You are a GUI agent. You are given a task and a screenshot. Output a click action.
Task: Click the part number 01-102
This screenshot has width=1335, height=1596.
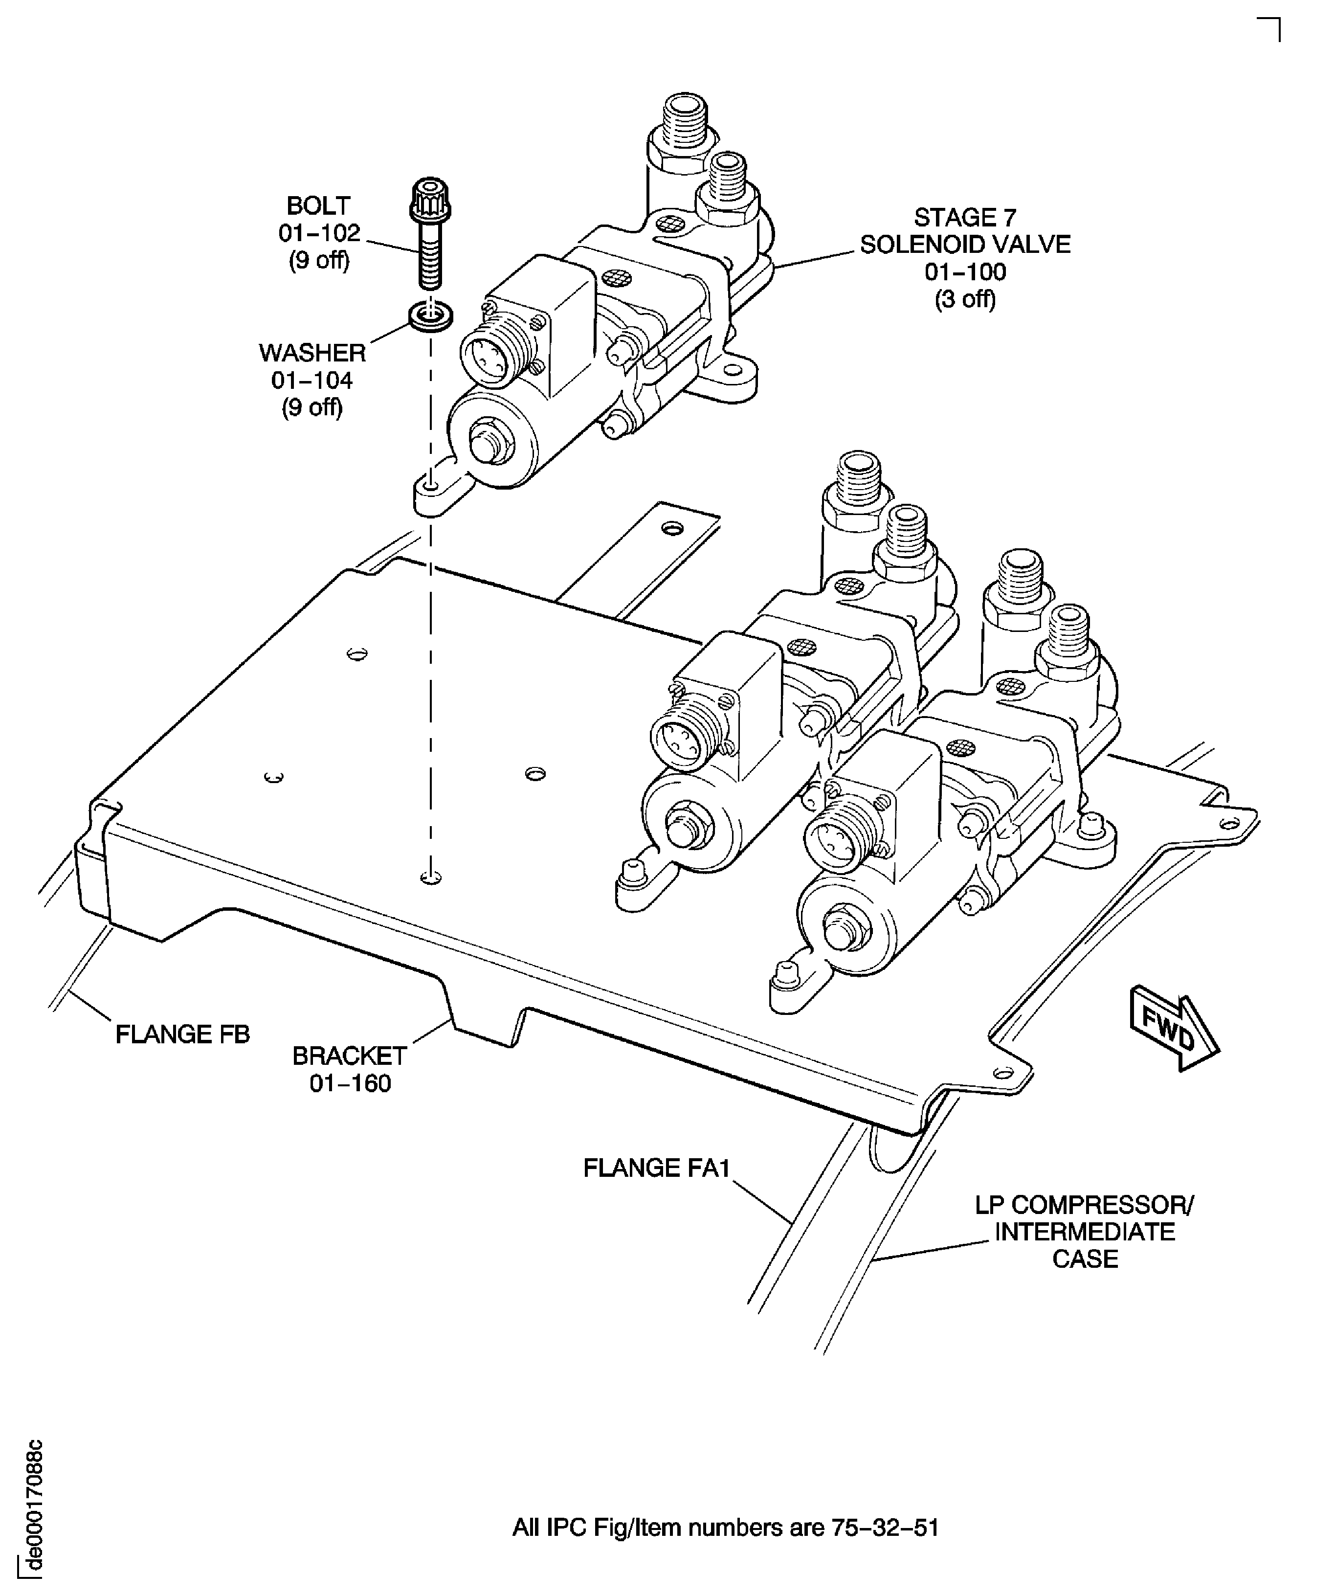pos(319,232)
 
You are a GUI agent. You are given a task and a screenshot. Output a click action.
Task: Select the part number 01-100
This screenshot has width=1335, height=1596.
pos(965,271)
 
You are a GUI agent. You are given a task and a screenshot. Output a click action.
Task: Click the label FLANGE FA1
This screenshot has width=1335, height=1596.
pos(656,1168)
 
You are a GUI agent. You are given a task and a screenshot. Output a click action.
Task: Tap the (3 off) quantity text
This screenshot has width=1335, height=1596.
pos(965,299)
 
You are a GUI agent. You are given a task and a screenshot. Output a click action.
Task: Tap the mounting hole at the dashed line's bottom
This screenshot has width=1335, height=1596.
pos(430,878)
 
